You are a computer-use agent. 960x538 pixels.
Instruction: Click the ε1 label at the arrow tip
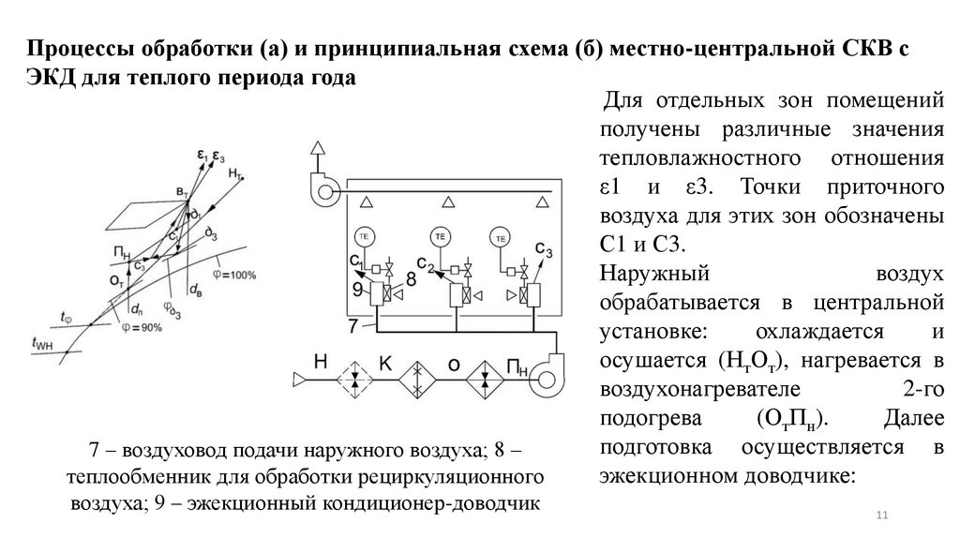(201, 154)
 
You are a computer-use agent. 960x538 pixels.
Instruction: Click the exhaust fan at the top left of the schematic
(325, 190)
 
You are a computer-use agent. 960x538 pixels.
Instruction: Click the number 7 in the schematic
(353, 327)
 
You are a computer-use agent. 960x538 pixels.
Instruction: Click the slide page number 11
(880, 516)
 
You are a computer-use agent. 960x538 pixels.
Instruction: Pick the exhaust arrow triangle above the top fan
(319, 149)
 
